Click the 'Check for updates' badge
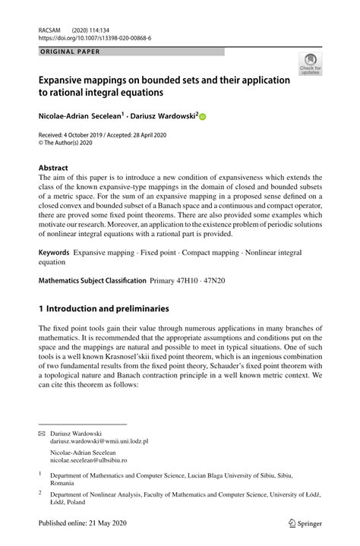click(310, 65)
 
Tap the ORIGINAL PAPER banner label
click(69, 52)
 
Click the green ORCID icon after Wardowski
click(203, 116)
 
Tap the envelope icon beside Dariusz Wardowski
click(43, 434)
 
